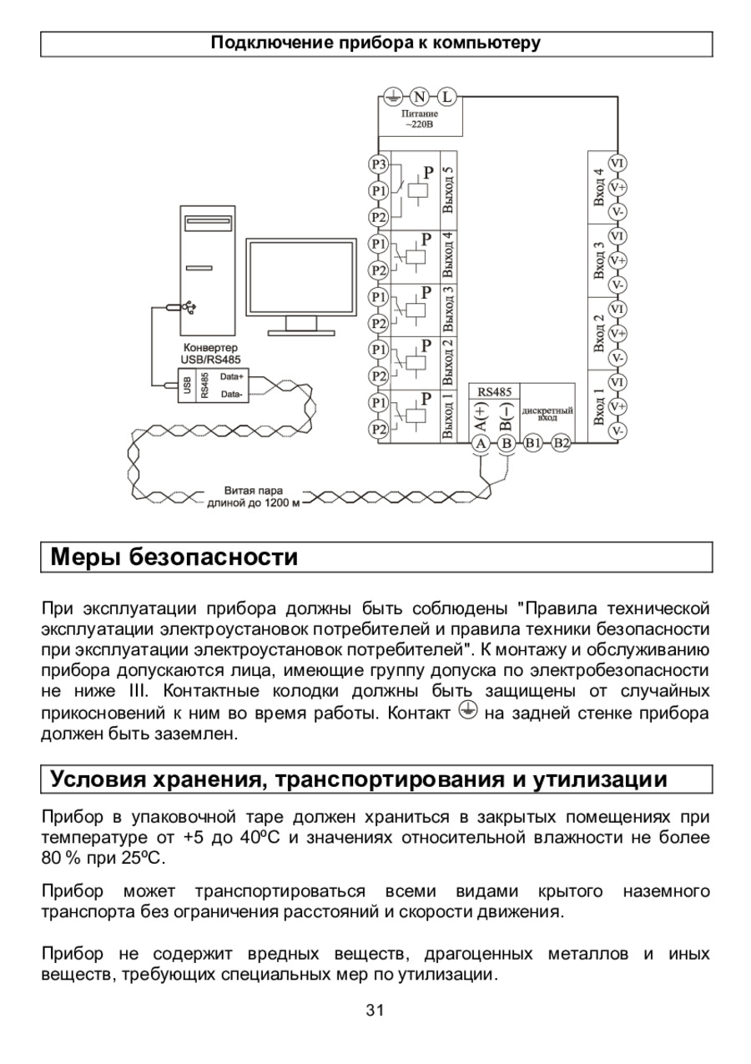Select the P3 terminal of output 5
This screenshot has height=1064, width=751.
378,164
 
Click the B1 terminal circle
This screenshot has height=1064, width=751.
534,443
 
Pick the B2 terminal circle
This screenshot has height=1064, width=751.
562,443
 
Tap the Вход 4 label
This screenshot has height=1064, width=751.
597,187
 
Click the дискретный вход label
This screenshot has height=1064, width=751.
547,413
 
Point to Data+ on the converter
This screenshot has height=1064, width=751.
232,376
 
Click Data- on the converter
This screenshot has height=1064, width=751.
232,394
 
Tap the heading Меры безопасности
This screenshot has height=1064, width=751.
174,557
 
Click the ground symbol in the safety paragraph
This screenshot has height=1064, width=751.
468,712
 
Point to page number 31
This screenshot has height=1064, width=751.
375,1011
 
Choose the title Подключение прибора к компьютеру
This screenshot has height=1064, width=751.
375,43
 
